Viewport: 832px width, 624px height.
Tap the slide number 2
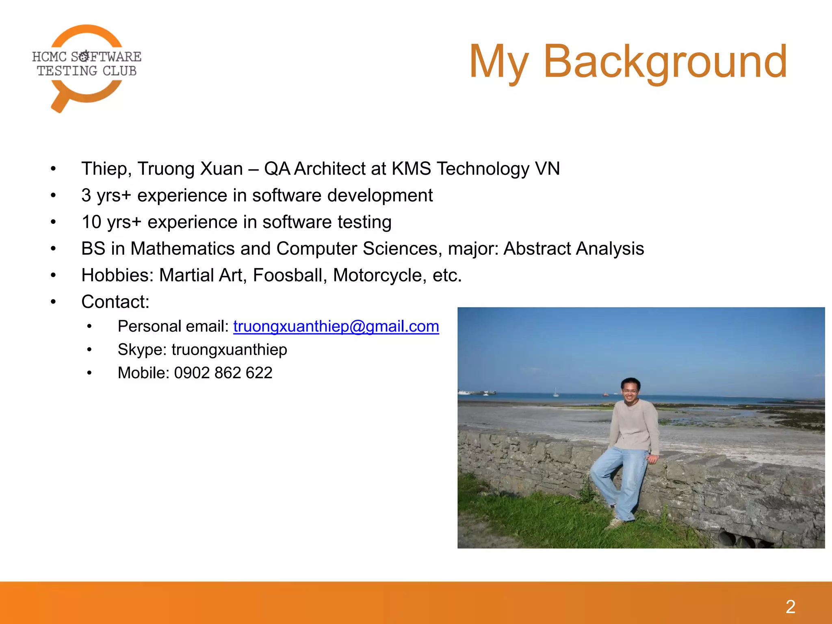tap(790, 607)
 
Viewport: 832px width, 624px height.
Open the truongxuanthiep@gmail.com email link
tap(336, 327)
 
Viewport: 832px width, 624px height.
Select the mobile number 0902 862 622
tap(223, 373)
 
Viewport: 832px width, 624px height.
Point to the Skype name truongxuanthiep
tap(229, 350)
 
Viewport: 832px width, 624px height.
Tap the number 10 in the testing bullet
tap(91, 222)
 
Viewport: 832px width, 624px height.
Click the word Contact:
tap(115, 302)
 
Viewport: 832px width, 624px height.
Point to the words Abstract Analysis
tap(574, 249)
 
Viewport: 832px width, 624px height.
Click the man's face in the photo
tap(630, 391)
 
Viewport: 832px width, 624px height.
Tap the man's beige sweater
tap(634, 427)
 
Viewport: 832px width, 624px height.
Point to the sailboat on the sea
tap(556, 392)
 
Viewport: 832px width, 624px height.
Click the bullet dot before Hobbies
tap(53, 275)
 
